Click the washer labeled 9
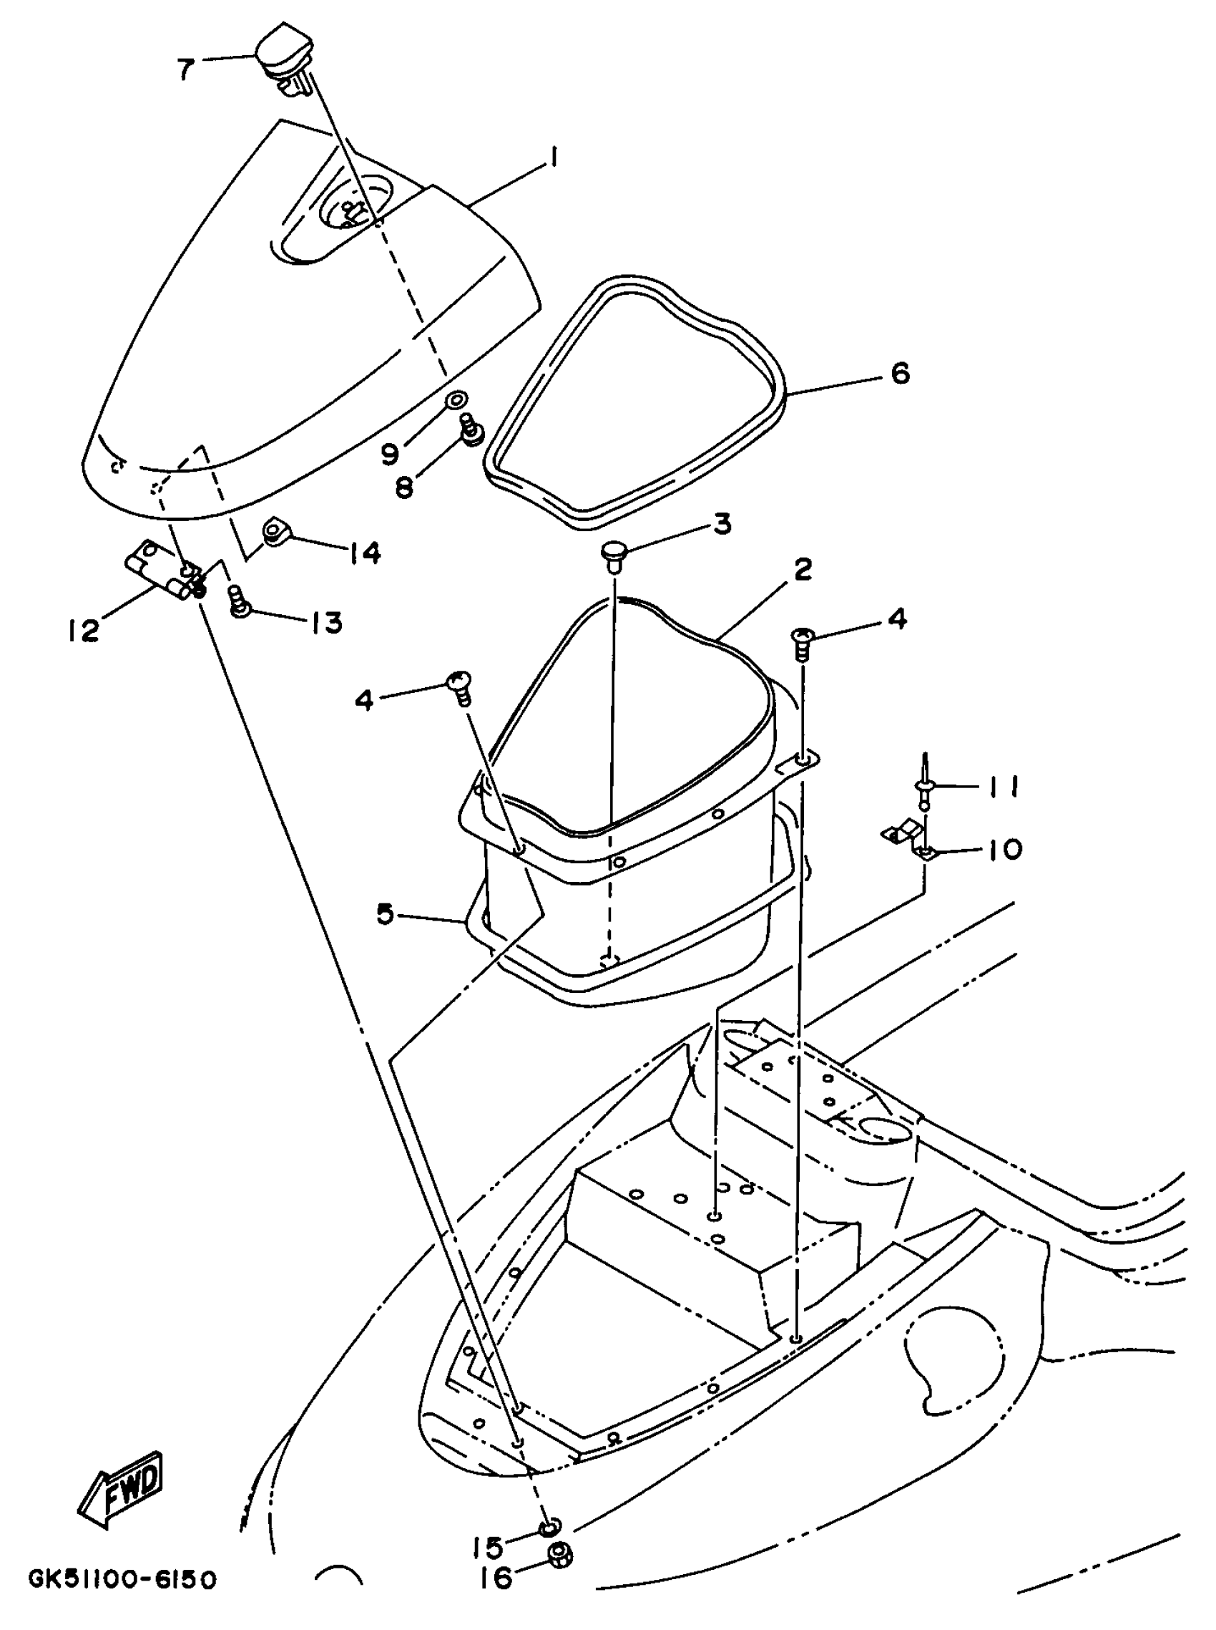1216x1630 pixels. tap(456, 400)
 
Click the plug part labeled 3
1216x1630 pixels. tap(612, 551)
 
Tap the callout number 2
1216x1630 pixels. tap(803, 569)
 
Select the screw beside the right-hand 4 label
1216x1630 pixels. tap(801, 638)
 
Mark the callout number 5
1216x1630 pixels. tap(386, 915)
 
